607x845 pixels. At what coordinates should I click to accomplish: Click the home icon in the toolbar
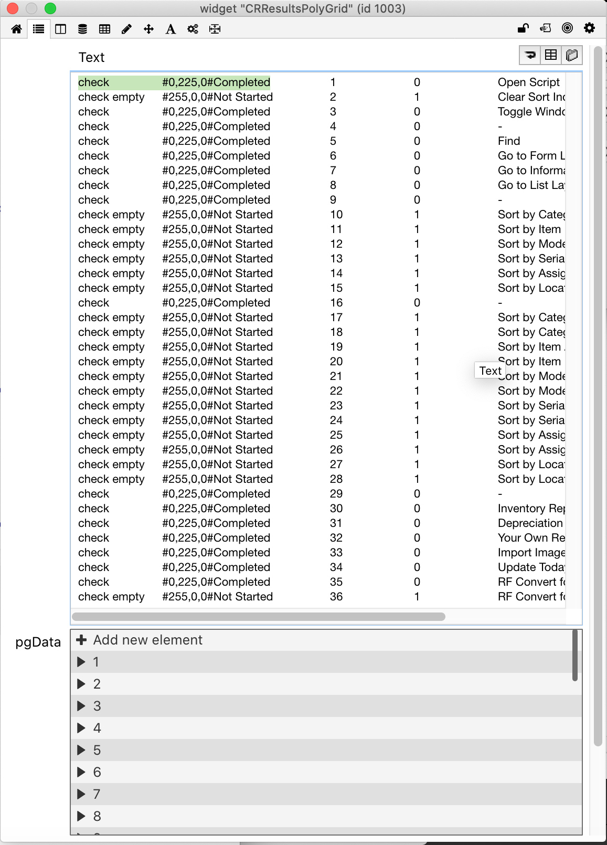click(x=17, y=29)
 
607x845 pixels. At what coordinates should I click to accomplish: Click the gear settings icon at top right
click(x=589, y=28)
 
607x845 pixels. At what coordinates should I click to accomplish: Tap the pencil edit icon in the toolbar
click(x=126, y=29)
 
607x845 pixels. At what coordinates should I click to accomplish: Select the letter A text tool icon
click(x=171, y=29)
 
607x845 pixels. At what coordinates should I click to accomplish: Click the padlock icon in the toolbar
click(x=523, y=28)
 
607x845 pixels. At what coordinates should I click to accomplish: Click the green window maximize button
click(x=50, y=8)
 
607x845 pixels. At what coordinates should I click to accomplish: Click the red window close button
click(x=13, y=8)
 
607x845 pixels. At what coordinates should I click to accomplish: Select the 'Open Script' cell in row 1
click(x=528, y=82)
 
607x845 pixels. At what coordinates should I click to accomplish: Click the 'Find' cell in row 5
click(x=509, y=141)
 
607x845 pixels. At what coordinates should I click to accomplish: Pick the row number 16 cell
click(x=336, y=303)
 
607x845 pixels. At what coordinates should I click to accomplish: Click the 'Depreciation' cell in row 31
click(x=530, y=523)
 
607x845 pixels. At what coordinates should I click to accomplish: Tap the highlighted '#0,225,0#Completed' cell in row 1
click(x=216, y=82)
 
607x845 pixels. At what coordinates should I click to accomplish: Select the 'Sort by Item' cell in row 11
click(x=529, y=229)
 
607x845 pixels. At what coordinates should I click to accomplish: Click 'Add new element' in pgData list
click(x=147, y=640)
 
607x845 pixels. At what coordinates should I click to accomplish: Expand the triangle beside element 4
click(x=81, y=728)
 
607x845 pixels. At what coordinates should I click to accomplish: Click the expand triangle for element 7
click(x=81, y=794)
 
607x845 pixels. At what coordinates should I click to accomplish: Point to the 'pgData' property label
click(x=38, y=642)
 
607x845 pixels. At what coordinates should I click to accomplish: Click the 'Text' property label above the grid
click(x=91, y=57)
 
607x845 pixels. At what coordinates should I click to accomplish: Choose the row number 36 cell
click(x=336, y=597)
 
